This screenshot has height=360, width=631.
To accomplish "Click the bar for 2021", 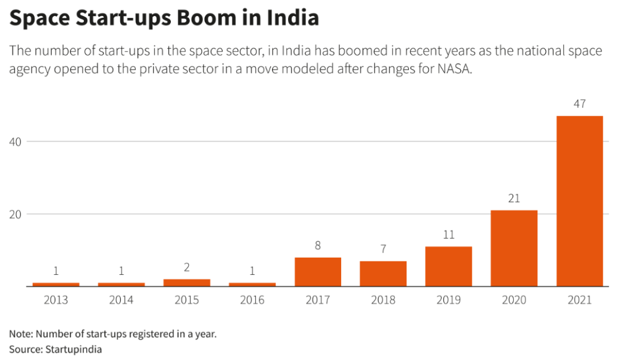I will click(x=579, y=201).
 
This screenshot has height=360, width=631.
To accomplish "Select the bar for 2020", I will click(x=514, y=248).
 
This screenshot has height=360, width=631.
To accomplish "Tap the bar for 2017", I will click(x=318, y=272).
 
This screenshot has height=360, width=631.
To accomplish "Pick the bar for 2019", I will click(x=448, y=266).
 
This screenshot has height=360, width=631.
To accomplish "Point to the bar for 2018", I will click(x=383, y=274).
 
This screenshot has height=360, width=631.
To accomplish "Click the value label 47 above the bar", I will click(x=579, y=104).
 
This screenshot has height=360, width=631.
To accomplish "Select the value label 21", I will click(x=514, y=198).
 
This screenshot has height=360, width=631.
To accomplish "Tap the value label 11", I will click(x=448, y=235).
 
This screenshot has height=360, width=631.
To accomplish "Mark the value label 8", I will click(x=318, y=245).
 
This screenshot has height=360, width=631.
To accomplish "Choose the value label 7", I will click(x=383, y=249).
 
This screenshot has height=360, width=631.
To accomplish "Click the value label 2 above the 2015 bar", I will click(x=187, y=268).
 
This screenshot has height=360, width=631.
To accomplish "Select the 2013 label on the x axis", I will click(x=56, y=300).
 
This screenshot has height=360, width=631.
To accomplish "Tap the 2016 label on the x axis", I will click(x=252, y=300).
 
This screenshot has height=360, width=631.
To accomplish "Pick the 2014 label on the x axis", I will click(x=122, y=300).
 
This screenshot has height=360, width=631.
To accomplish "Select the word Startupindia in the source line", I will click(x=72, y=349).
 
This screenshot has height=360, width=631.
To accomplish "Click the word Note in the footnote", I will click(x=20, y=334).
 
